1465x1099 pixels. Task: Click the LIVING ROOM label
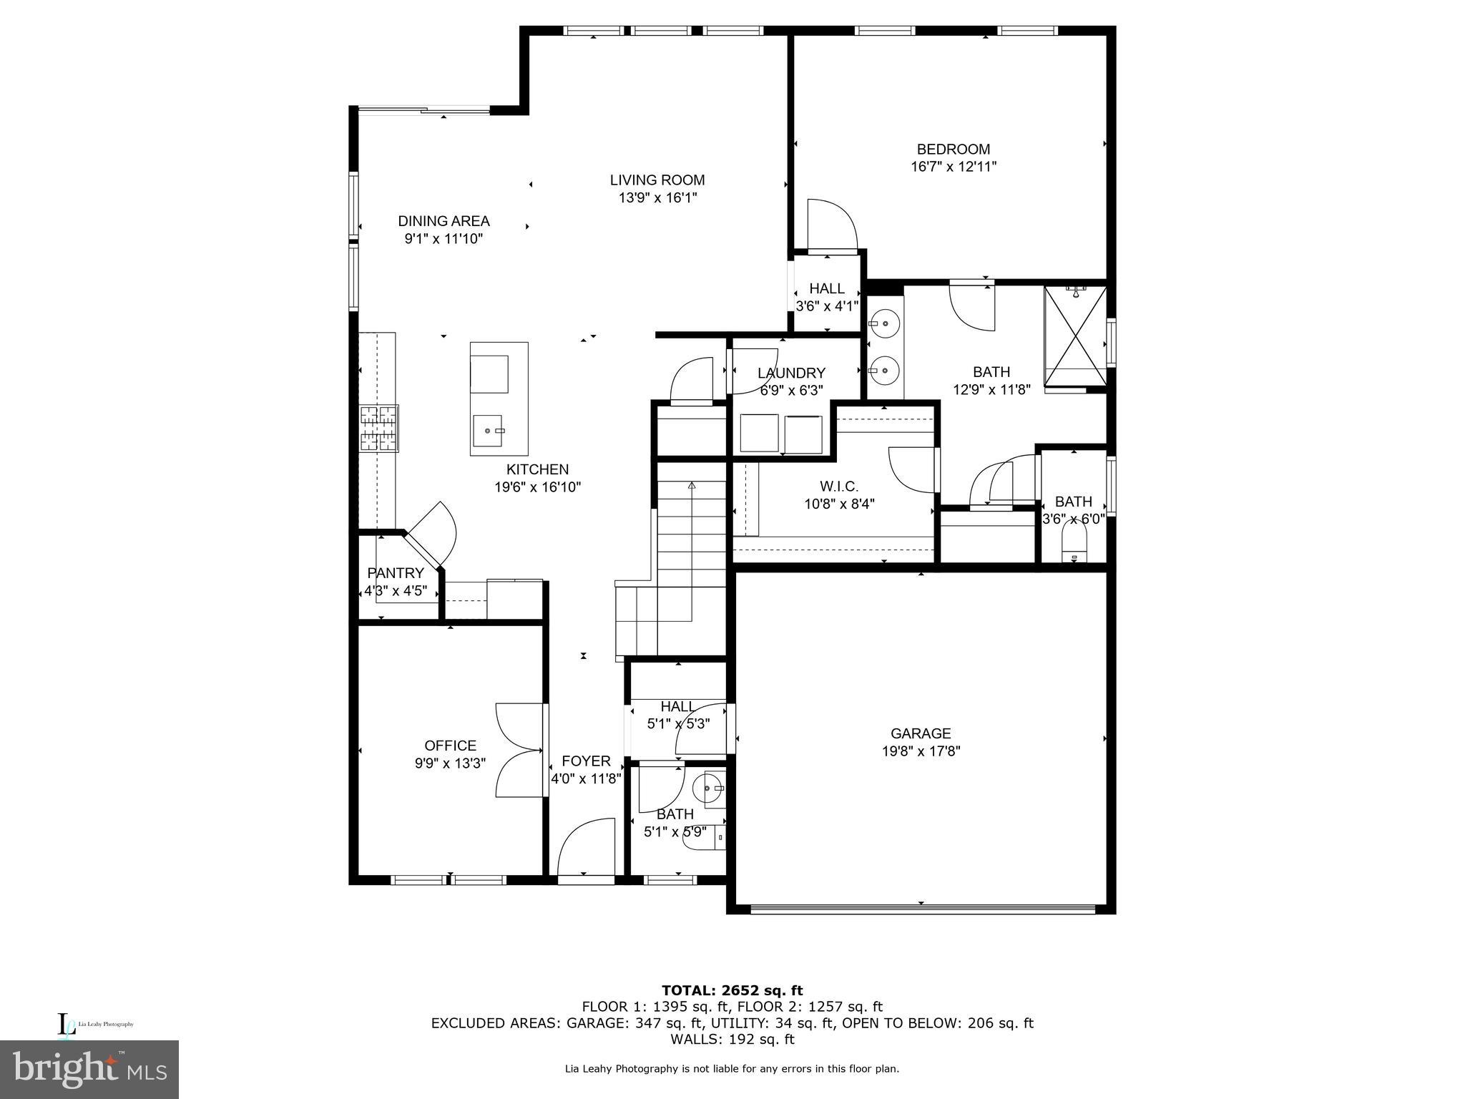point(657,180)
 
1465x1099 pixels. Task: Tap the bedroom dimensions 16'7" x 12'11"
point(953,167)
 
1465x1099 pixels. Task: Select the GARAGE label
point(920,733)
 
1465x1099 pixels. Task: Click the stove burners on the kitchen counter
point(378,429)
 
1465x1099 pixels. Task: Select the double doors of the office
point(519,750)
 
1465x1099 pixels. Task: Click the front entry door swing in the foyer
point(585,848)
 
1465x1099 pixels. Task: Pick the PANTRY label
point(396,573)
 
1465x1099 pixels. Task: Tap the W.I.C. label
point(839,487)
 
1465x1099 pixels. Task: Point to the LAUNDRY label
point(791,373)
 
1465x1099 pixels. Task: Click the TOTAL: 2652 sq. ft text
point(732,990)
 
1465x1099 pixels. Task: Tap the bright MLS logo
point(89,1070)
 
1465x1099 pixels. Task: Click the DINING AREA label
point(444,221)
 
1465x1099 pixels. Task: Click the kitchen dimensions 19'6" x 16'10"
point(537,487)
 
